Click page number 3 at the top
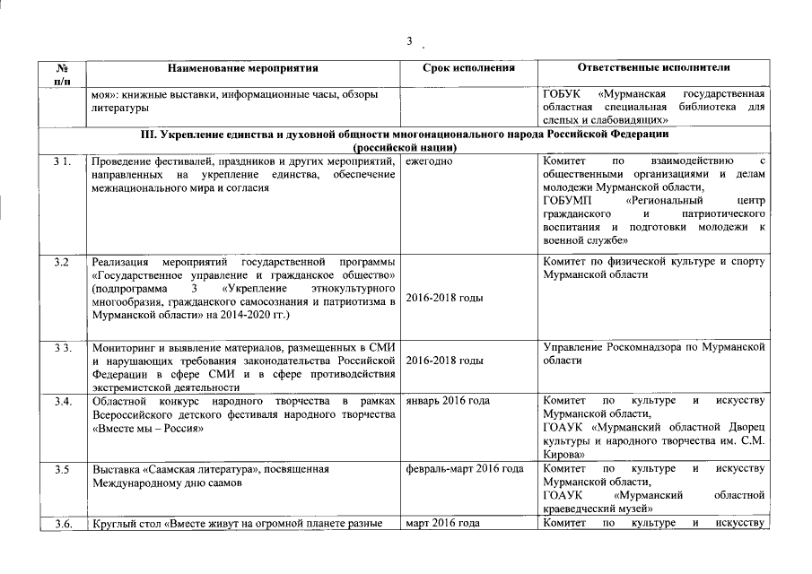tap(409, 41)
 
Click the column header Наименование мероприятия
tap(243, 67)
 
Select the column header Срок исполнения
tap(466, 67)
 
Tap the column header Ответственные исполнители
tap(654, 67)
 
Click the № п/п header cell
tap(64, 74)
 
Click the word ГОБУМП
tap(569, 202)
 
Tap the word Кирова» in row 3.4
tap(565, 455)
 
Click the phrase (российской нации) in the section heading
tap(406, 147)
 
